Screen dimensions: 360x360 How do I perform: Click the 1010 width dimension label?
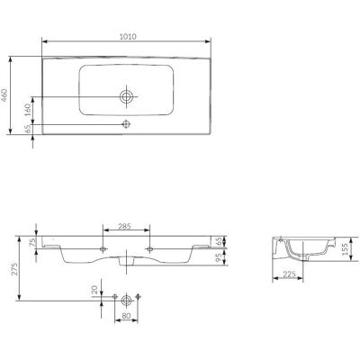coord(128,37)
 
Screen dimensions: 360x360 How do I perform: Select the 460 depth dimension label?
coord(4,95)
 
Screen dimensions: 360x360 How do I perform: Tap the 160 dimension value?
coord(28,110)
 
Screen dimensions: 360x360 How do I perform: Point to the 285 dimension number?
coord(124,227)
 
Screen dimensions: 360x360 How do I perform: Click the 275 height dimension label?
coord(14,268)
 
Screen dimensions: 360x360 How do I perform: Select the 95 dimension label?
coord(220,257)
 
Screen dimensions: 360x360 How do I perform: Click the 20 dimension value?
coord(94,290)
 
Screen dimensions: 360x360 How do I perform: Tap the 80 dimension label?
coord(126,316)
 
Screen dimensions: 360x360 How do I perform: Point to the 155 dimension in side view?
coord(346,249)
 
